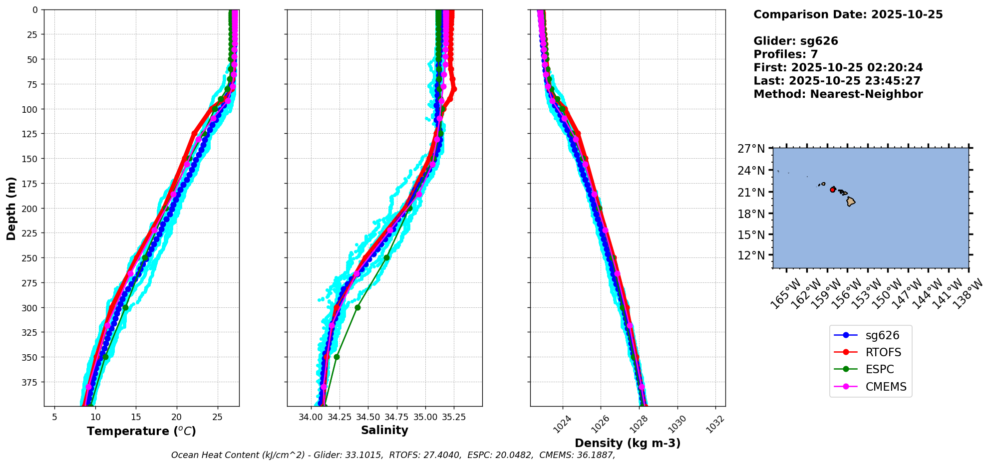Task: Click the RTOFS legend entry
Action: tap(883, 352)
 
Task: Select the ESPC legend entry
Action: tap(879, 370)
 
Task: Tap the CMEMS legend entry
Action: tap(885, 387)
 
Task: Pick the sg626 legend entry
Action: tap(882, 335)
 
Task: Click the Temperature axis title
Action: tap(141, 431)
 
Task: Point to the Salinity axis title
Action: tap(384, 430)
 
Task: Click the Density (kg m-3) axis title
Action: tap(628, 443)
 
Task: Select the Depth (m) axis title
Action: tap(11, 208)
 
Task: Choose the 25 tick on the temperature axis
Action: tap(217, 417)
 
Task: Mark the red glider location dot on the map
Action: tap(832, 190)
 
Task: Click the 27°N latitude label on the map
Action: tap(751, 149)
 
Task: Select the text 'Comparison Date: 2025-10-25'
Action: tap(848, 14)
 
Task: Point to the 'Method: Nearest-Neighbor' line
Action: tap(838, 94)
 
